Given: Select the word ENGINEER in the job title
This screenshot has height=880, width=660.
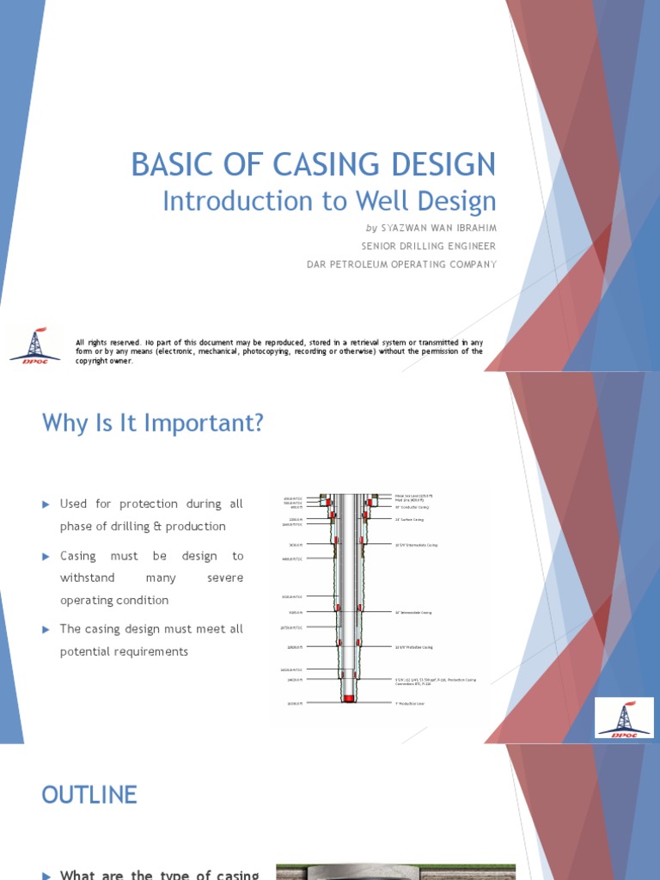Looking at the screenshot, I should [466, 246].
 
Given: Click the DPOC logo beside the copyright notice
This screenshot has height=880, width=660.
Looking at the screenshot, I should [34, 345].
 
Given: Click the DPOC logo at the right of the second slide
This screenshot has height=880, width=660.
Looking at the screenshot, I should [623, 718].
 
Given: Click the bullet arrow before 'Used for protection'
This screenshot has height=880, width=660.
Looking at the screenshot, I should [47, 504].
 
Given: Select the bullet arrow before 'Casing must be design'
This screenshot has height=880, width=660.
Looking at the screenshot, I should [47, 557].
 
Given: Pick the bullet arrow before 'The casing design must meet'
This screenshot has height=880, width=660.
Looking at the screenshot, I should [47, 630].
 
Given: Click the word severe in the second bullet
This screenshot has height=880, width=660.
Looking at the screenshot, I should [225, 578].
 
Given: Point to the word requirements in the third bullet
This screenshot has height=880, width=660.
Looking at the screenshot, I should [147, 651].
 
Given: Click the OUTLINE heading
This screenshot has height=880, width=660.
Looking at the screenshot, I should [89, 795].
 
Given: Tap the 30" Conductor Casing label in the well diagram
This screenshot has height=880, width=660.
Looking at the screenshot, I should [412, 507].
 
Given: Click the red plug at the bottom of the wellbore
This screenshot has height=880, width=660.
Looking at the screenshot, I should [348, 700].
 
